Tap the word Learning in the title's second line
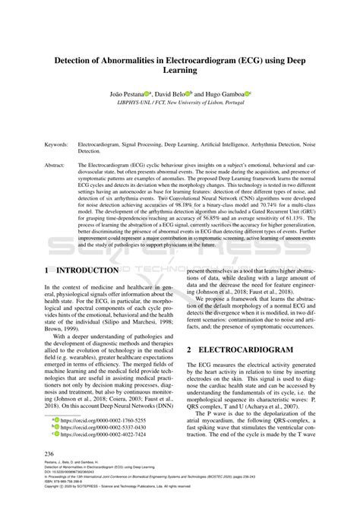tap(180, 71)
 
